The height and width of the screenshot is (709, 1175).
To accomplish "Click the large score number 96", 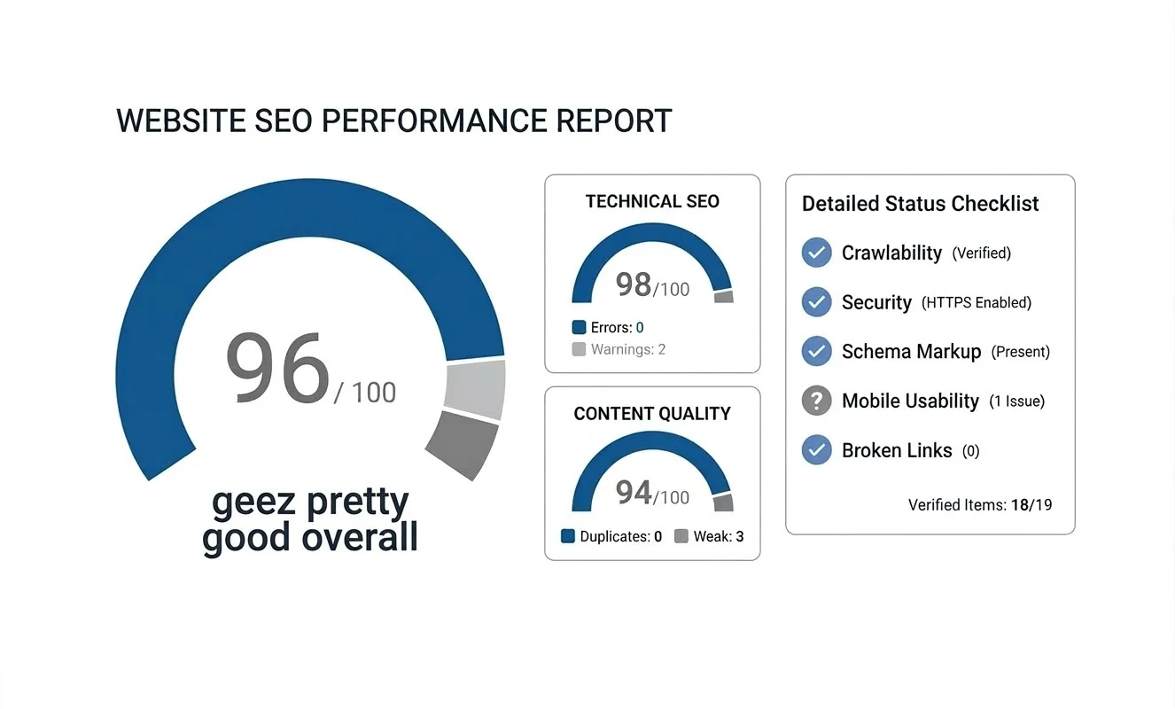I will (277, 369).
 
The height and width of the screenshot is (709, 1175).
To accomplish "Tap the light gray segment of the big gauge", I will (477, 390).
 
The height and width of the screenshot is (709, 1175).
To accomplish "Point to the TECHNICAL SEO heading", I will (652, 201).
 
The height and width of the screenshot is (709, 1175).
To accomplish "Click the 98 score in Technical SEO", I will (634, 284).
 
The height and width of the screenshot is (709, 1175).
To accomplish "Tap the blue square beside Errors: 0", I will (580, 327).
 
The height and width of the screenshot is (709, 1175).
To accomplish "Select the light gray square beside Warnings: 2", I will (580, 349).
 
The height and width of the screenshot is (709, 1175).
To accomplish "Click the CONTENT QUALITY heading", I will (652, 414).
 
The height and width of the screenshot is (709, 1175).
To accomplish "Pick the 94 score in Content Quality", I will (634, 493).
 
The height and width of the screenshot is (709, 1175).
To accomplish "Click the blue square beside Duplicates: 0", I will (568, 536).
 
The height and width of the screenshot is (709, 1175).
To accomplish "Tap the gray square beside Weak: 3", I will (681, 536).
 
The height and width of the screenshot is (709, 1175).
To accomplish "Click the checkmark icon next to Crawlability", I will (816, 253).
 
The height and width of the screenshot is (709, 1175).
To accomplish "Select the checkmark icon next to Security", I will (816, 302).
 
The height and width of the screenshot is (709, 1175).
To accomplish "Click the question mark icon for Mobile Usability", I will (816, 401).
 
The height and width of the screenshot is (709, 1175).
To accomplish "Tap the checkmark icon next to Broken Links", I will (816, 450).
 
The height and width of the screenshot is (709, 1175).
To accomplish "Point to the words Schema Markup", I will (911, 352).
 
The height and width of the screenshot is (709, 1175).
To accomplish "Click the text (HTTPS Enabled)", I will (977, 303).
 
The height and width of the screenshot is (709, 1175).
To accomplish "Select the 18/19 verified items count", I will (1031, 505).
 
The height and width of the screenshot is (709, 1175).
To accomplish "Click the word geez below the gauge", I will (253, 503).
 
